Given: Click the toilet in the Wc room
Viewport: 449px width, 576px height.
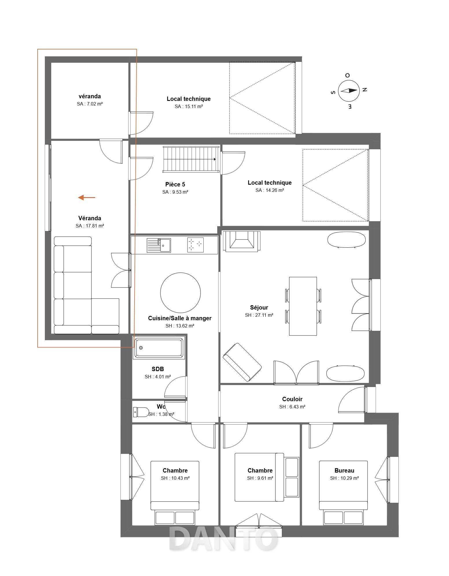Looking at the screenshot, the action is (x=141, y=412).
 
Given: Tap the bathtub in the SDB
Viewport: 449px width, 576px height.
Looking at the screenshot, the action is (x=159, y=348).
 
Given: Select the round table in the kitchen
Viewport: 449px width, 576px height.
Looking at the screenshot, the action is (x=181, y=293).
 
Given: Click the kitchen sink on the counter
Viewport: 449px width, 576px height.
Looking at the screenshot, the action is (x=159, y=245).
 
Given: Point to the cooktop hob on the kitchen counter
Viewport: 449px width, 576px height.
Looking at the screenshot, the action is (x=196, y=245).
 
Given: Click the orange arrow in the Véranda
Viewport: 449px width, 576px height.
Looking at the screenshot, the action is (x=87, y=197).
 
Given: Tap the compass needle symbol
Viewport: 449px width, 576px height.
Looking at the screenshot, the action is (x=349, y=90).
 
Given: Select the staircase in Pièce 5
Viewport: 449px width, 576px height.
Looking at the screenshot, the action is (x=191, y=159).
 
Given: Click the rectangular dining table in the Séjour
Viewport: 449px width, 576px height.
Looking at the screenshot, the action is (x=303, y=306).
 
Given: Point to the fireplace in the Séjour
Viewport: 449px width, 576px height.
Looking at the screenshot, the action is (x=242, y=241).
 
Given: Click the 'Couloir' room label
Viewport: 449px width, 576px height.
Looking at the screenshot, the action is (x=292, y=399).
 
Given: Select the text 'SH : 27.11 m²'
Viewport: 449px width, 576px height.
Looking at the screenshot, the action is (x=259, y=315).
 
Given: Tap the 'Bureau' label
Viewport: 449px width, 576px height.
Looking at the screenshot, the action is (x=344, y=471).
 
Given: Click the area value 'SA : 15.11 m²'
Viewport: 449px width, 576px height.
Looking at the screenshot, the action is (x=189, y=106).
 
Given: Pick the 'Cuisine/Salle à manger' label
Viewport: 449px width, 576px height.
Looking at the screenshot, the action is (x=180, y=318).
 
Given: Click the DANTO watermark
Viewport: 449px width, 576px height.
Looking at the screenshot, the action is (x=223, y=538).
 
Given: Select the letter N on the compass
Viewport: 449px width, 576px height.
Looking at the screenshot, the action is (x=365, y=90).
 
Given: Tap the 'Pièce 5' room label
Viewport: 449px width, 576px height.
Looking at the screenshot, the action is (x=175, y=184).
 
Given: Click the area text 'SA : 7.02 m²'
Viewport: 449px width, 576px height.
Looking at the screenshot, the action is (x=90, y=104).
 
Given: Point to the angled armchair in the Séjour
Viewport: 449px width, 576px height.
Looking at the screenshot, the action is (x=242, y=362).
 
